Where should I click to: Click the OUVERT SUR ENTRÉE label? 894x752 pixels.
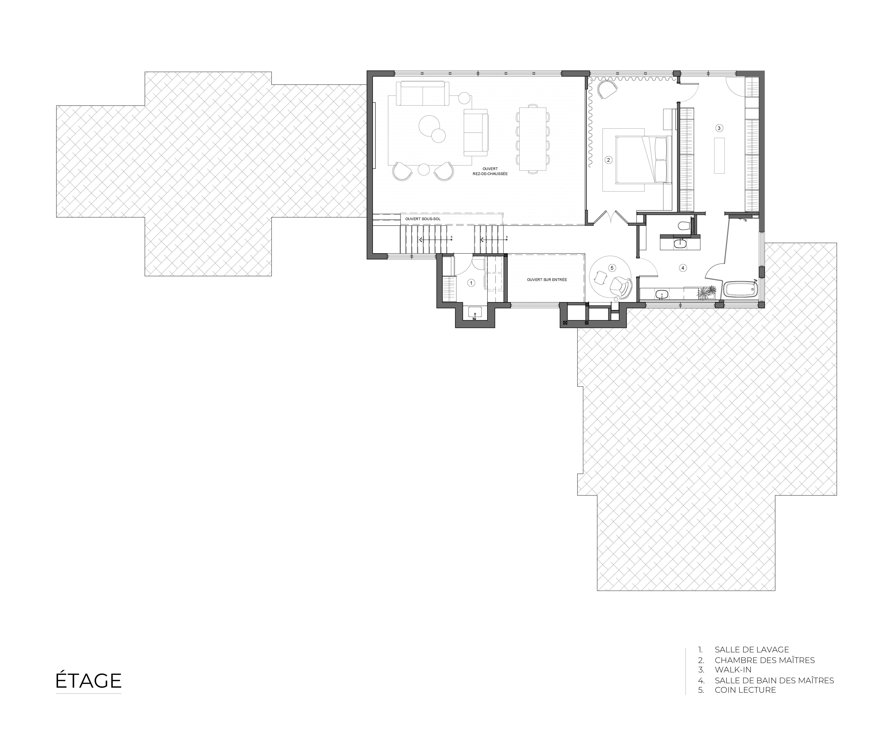(547, 280)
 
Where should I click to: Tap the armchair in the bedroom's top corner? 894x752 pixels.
(607, 90)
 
